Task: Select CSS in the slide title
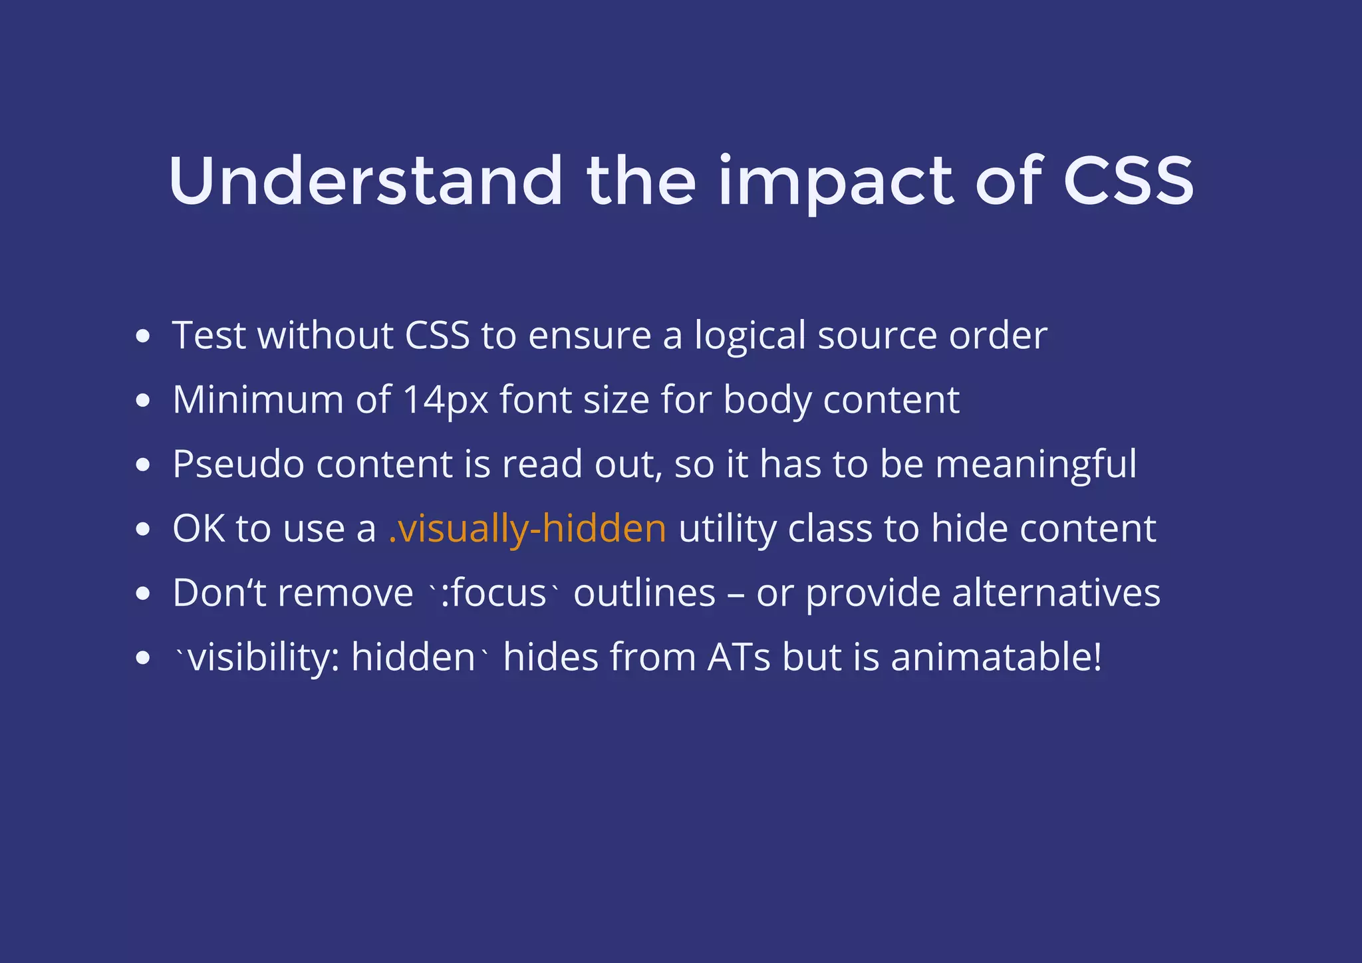1128,181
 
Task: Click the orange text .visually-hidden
527,528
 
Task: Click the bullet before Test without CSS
142,336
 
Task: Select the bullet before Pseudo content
142,465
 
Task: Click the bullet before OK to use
142,529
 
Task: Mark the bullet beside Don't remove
142,593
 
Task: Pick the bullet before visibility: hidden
142,658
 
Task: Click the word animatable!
996,657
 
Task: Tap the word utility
727,530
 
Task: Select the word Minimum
257,400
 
